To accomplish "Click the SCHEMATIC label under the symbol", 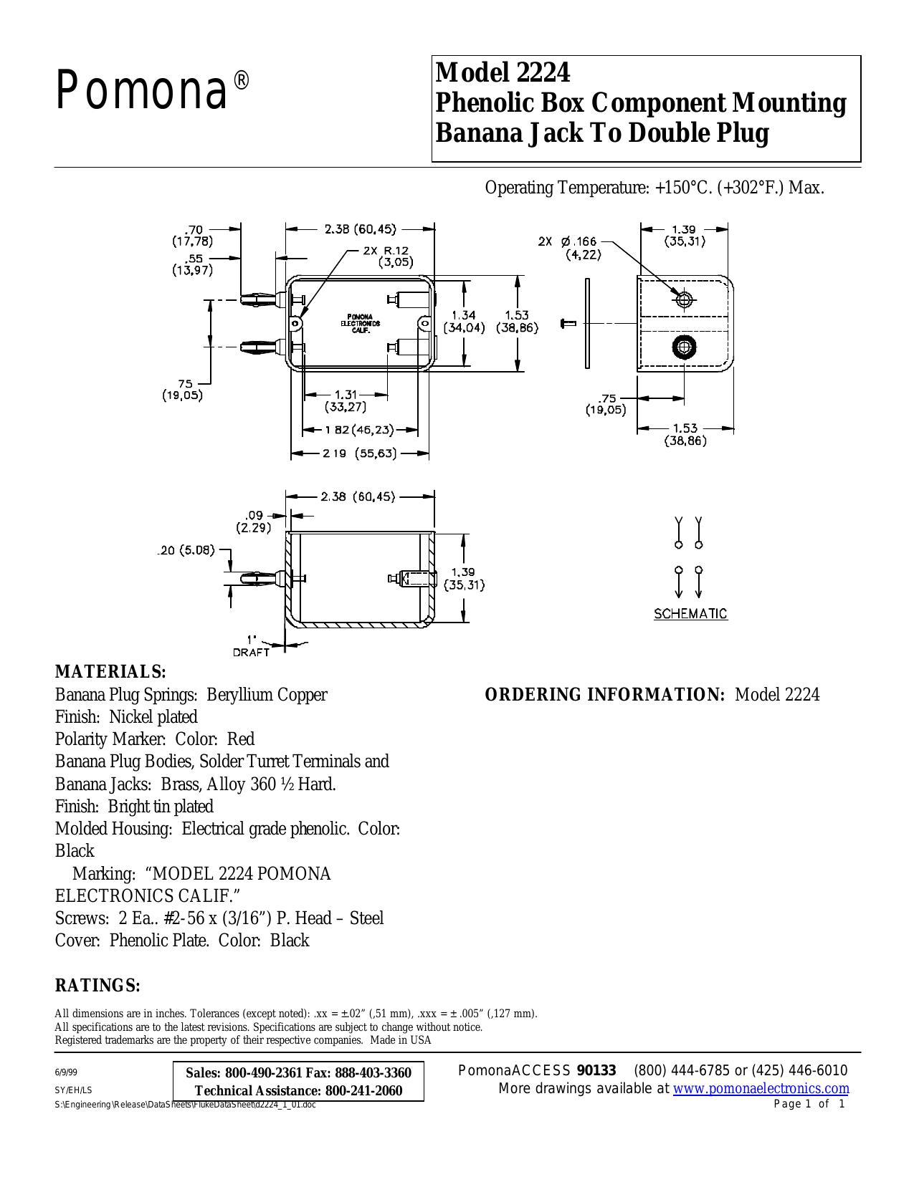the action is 690,614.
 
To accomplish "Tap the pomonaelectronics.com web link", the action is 761,1088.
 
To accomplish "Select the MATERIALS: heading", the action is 110,672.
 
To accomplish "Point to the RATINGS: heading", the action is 98,985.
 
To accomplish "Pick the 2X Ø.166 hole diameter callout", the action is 568,247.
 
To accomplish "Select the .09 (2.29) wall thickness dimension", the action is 254,521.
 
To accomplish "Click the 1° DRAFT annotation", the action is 251,645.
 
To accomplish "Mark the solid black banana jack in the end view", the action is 685,347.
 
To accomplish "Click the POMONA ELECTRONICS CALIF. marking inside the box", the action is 360,324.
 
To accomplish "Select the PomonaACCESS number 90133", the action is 596,1070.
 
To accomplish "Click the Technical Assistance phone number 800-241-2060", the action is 363,1090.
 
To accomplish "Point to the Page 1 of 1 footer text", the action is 809,1104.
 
